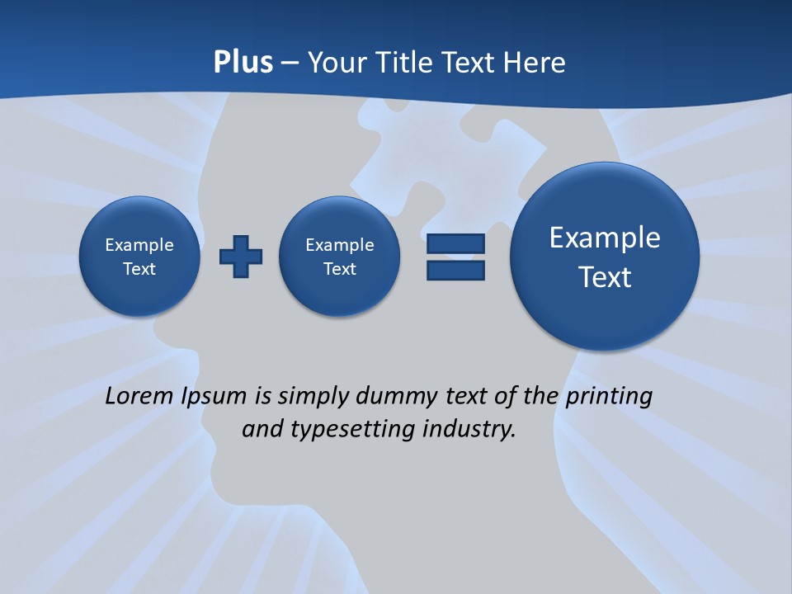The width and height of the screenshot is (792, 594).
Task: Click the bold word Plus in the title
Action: click(x=243, y=63)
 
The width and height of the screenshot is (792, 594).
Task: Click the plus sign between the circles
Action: click(x=241, y=257)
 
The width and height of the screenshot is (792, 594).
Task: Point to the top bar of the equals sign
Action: click(x=455, y=243)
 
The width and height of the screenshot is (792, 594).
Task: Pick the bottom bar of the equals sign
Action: click(x=455, y=270)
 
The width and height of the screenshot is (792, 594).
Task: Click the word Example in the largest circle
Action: click(x=605, y=238)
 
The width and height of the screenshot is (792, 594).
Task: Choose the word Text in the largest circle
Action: click(x=605, y=277)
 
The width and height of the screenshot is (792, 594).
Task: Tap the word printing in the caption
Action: click(x=608, y=397)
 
